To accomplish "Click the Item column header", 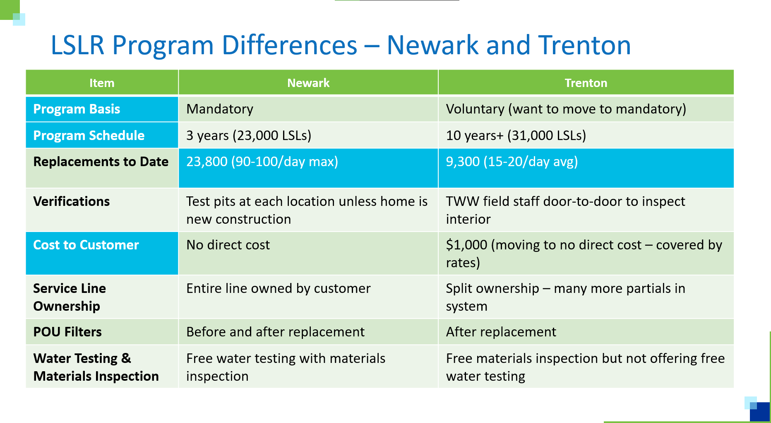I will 102,83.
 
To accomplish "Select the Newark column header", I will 308,83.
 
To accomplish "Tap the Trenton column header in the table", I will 586,83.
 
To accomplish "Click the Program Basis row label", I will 77,109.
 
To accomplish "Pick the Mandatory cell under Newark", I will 220,109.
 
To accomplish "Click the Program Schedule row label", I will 89,135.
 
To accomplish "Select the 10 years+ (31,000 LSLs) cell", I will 516,135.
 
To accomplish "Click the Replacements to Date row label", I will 101,162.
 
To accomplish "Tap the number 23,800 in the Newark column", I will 207,162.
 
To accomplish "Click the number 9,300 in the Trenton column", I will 463,162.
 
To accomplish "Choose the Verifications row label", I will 71,201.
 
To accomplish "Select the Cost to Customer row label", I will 86,245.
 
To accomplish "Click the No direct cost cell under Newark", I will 228,245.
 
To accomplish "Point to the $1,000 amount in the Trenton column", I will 466,245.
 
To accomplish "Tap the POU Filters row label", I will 67,332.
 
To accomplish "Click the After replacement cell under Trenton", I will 501,332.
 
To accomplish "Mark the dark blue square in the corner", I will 760,413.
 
